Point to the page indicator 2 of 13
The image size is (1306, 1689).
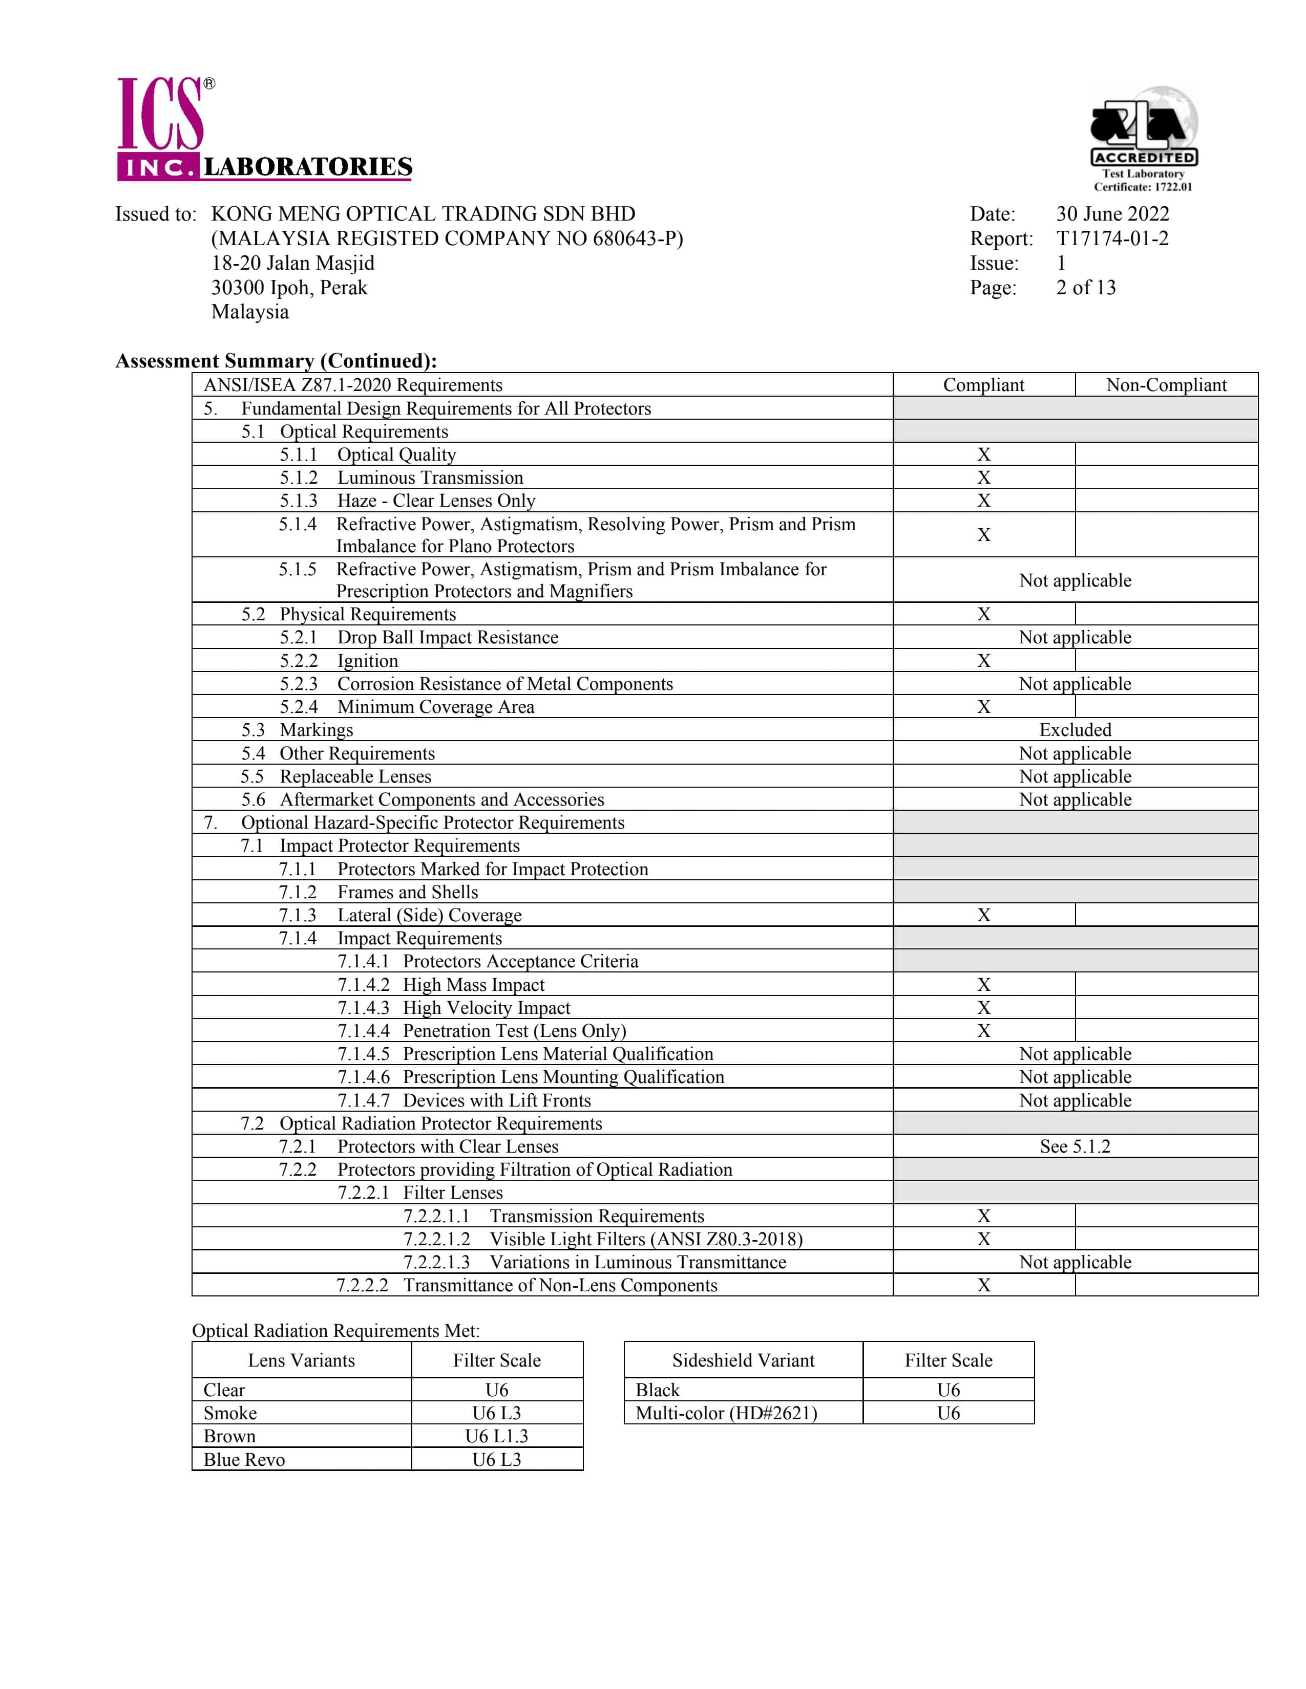pos(1085,288)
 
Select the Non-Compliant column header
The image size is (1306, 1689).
pos(1166,385)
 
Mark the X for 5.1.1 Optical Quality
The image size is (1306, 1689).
pos(983,454)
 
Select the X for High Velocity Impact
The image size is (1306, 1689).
pos(983,1008)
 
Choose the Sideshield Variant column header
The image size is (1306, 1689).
pos(743,1360)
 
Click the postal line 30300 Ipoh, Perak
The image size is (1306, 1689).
pos(289,288)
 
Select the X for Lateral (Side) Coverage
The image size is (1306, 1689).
pos(983,915)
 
